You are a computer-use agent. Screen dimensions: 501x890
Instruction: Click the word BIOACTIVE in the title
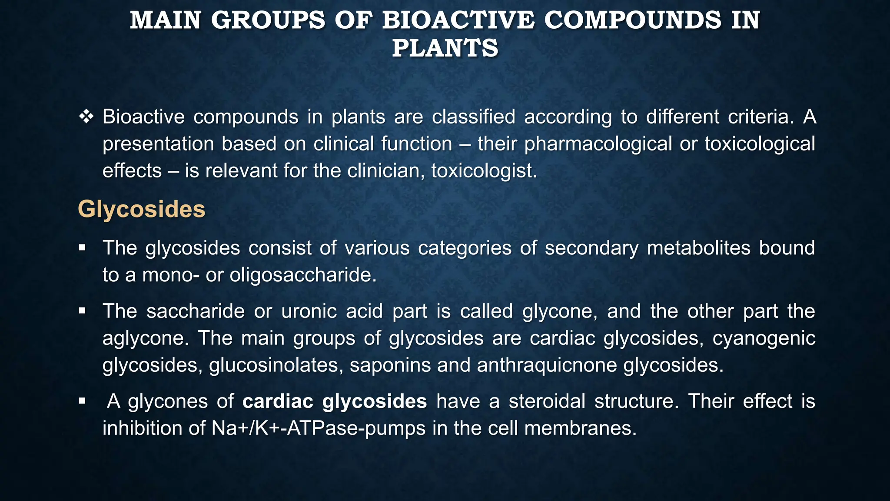click(x=458, y=20)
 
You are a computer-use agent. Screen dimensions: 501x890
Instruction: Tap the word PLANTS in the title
click(x=445, y=48)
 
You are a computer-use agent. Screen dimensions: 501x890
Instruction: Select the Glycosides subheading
click(x=141, y=209)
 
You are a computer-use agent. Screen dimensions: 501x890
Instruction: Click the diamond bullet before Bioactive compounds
click(x=86, y=117)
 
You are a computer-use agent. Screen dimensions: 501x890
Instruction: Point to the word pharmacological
click(x=598, y=144)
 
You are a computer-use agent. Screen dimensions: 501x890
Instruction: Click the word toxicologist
click(x=484, y=171)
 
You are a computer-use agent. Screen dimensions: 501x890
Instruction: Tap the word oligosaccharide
click(x=302, y=275)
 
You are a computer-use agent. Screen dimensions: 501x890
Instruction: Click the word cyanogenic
click(x=764, y=338)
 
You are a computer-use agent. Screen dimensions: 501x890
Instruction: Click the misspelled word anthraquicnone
click(x=547, y=365)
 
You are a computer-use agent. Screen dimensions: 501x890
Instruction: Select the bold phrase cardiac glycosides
click(x=334, y=401)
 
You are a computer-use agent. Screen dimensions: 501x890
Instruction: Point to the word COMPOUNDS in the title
click(x=632, y=20)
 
